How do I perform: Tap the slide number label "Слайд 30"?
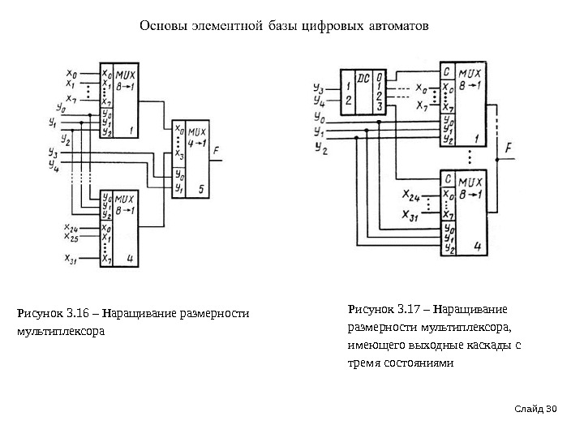click(x=543, y=406)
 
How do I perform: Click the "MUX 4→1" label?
click(x=197, y=134)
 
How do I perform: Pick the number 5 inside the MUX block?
click(x=201, y=189)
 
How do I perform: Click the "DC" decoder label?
click(x=363, y=79)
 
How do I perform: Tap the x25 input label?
click(x=71, y=239)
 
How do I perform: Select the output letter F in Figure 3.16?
click(x=216, y=150)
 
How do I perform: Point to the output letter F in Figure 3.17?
click(x=507, y=148)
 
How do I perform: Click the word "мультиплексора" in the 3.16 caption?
click(x=61, y=332)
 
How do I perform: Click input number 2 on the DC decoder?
click(x=349, y=101)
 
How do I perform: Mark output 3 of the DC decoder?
click(x=379, y=106)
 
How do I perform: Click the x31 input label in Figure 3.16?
click(x=71, y=259)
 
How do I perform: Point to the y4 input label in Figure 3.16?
click(x=54, y=162)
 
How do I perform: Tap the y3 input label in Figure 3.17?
click(x=318, y=88)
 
